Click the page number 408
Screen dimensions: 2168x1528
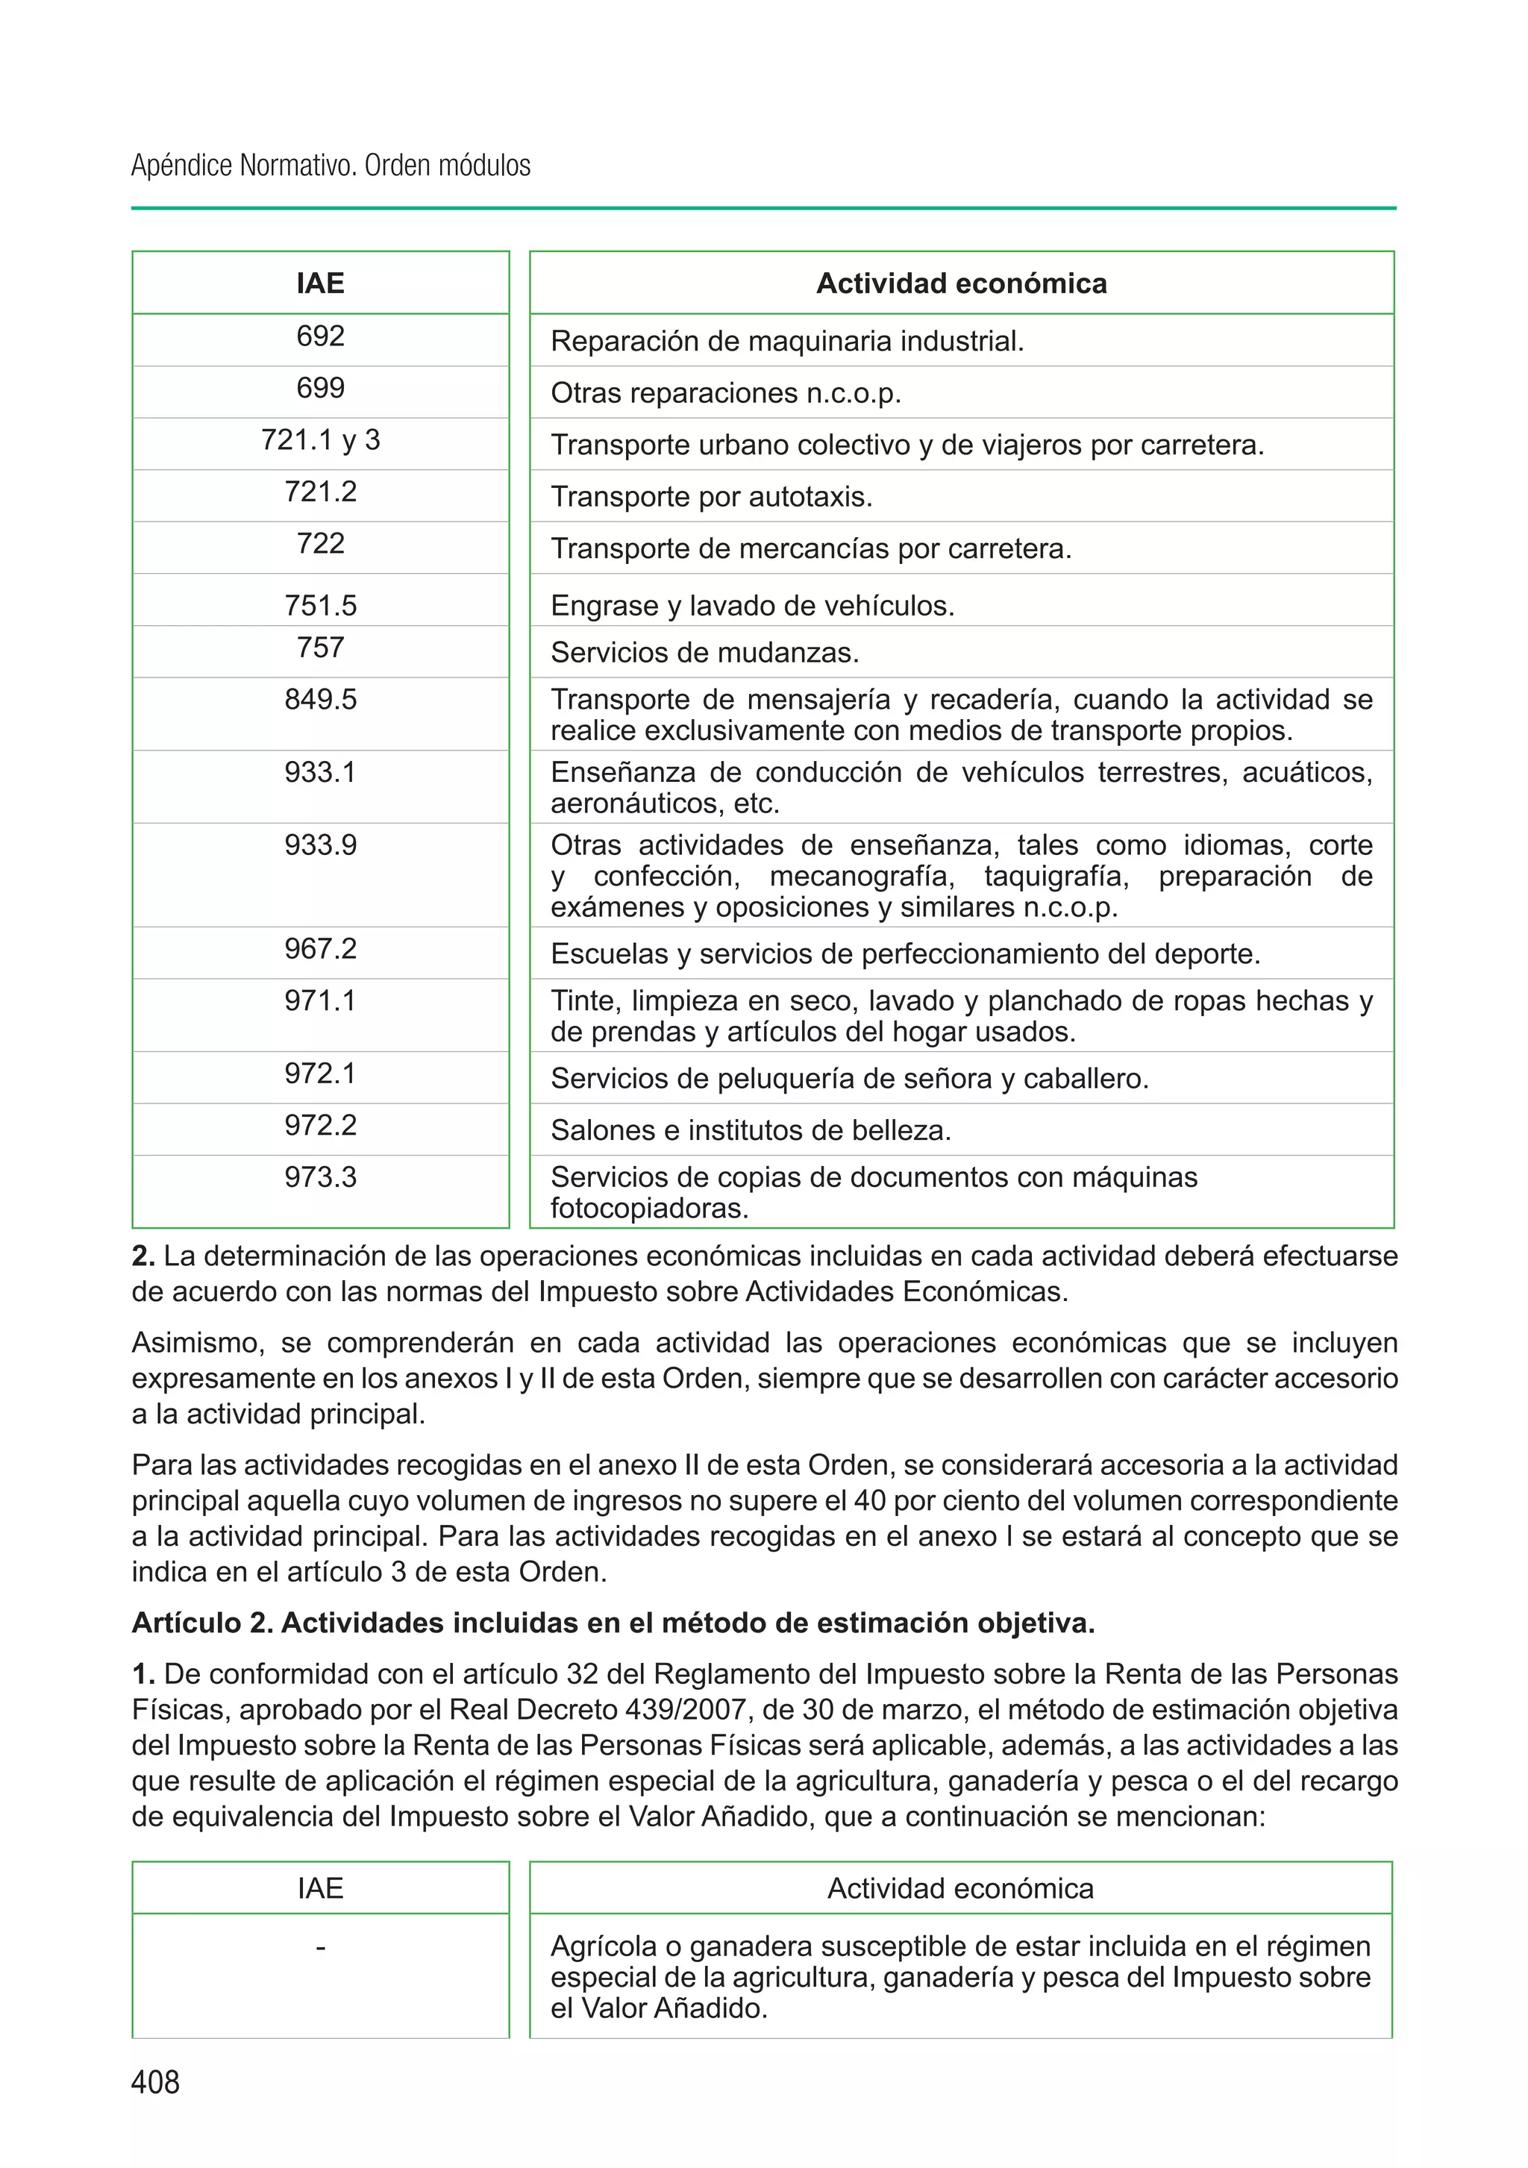point(155,2081)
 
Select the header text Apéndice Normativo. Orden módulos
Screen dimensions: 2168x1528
point(331,166)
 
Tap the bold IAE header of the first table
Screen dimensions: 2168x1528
point(320,283)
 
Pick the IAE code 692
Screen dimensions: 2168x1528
point(320,336)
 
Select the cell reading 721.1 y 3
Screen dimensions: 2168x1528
point(320,440)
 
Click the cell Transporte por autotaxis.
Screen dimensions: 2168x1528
point(711,497)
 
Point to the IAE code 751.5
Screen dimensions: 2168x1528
point(320,605)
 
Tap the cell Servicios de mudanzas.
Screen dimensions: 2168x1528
point(704,653)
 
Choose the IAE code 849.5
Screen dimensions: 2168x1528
point(320,700)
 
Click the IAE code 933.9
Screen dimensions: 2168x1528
point(320,845)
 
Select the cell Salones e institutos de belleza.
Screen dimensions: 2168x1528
point(751,1130)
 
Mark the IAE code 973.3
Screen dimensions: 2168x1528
point(320,1177)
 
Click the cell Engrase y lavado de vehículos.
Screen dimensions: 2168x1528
point(753,605)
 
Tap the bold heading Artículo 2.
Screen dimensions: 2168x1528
point(202,1623)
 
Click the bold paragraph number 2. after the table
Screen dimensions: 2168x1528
point(143,1257)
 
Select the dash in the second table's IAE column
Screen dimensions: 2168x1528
point(320,1947)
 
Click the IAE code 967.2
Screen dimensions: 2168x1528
point(320,949)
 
